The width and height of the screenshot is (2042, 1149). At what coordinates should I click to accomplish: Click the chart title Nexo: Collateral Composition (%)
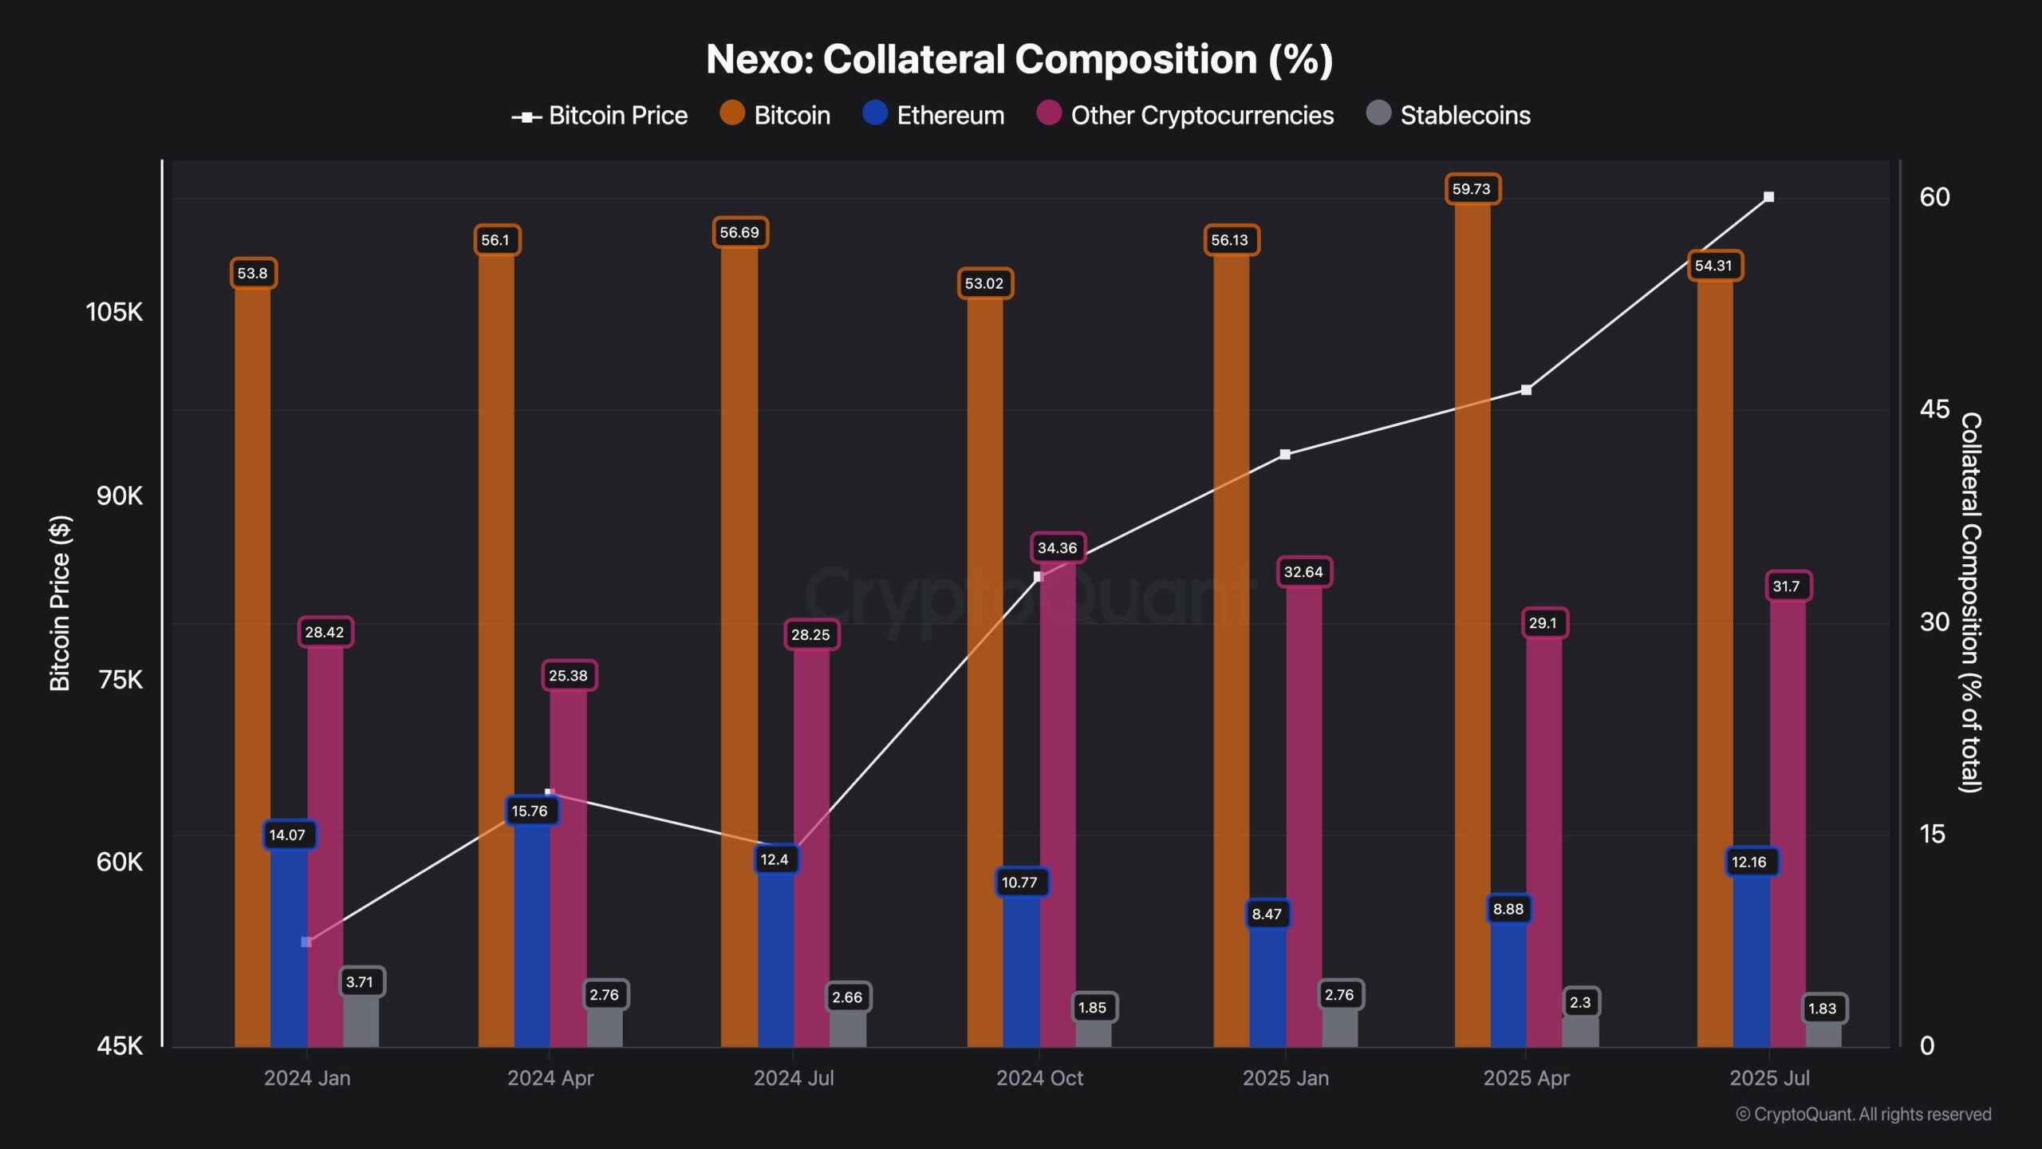(x=1019, y=60)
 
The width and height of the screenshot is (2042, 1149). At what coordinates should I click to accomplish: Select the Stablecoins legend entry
(x=1449, y=115)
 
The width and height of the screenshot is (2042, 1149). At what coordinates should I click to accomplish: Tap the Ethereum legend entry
(x=933, y=115)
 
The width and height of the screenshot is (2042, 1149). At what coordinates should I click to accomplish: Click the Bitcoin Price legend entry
(x=600, y=116)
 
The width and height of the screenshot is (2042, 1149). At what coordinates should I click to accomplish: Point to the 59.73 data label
(x=1472, y=189)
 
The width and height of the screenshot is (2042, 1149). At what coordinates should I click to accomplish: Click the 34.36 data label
(x=1058, y=548)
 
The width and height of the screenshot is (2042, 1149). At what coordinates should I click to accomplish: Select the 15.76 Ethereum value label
(x=530, y=811)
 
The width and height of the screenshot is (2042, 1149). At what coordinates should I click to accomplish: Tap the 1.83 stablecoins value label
(x=1823, y=1009)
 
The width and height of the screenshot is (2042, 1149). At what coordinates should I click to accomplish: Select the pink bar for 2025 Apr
(x=1544, y=838)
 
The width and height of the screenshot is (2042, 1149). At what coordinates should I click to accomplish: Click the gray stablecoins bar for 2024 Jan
(x=361, y=1021)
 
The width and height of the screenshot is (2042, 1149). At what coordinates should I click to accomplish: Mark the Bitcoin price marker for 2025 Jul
(x=1768, y=197)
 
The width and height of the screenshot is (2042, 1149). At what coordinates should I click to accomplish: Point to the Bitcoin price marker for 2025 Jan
(x=1285, y=455)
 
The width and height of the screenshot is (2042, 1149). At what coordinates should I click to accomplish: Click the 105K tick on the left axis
(x=114, y=312)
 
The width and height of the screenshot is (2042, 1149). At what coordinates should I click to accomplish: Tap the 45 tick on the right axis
(x=1934, y=409)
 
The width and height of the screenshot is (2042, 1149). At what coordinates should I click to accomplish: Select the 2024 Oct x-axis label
(x=1039, y=1078)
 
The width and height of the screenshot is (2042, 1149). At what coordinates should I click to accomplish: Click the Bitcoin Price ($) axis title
(x=61, y=603)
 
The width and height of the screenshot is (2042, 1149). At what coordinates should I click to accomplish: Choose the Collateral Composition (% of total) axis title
(x=1970, y=603)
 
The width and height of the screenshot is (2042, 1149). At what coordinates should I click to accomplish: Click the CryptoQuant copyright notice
(x=1863, y=1115)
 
